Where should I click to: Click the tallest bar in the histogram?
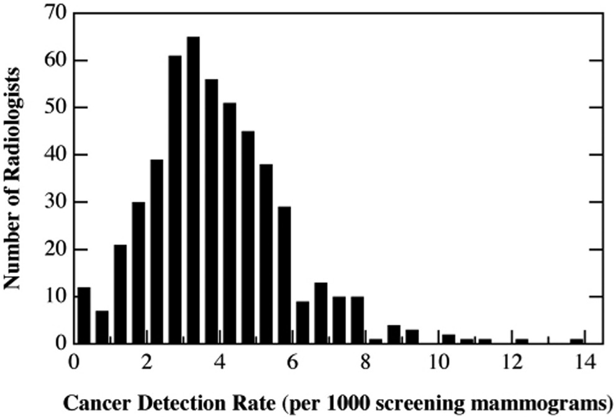(x=193, y=190)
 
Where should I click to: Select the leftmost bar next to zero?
(x=83, y=315)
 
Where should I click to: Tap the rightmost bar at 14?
(x=577, y=341)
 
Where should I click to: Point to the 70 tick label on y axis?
(x=55, y=13)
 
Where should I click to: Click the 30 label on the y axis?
(x=55, y=202)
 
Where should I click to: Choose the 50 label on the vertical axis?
(x=55, y=108)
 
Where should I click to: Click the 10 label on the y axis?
(x=55, y=297)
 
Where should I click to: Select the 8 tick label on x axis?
(x=366, y=362)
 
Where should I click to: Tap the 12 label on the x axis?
(x=512, y=362)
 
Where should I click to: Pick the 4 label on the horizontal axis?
(x=220, y=362)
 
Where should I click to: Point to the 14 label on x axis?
(x=584, y=362)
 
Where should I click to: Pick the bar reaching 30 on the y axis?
(x=138, y=272)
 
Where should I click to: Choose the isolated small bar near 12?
(x=522, y=341)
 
